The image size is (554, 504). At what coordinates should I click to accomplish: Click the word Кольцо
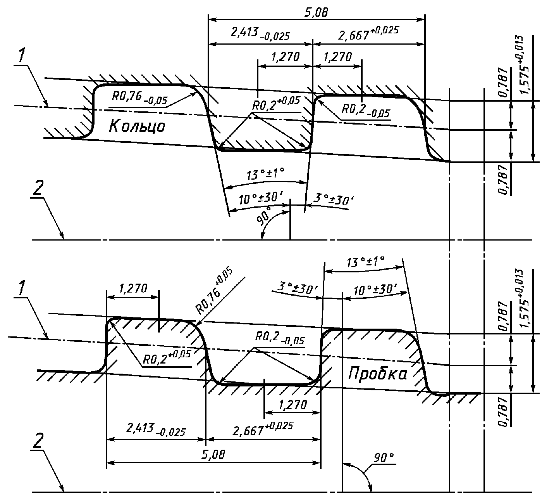tap(137, 126)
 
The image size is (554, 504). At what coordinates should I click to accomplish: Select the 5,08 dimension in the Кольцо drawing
tap(316, 12)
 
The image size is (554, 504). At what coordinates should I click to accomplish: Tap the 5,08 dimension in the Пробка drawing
tap(213, 454)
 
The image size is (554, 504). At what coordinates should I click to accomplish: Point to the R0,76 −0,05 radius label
tap(140, 98)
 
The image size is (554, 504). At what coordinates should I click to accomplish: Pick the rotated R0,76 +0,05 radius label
tap(214, 292)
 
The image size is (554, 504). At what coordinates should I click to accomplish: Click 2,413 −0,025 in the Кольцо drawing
tap(260, 34)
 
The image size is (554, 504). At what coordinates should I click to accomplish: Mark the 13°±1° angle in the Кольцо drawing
tap(265, 174)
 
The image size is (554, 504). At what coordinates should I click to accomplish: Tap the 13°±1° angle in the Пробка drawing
tap(366, 262)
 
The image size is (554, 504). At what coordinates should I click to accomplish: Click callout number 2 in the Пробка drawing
tap(38, 441)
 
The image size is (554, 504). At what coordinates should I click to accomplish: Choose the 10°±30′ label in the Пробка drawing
tap(375, 289)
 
